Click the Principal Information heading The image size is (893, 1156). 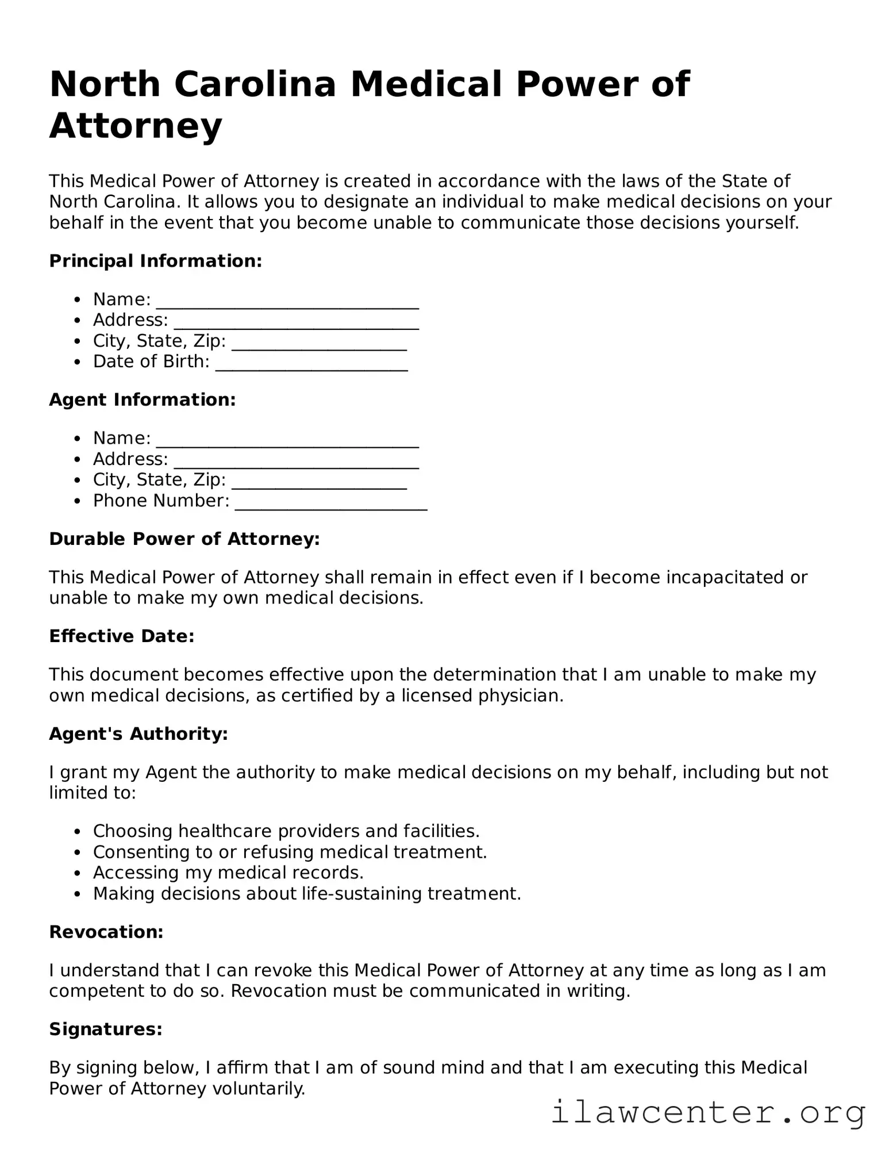[x=156, y=261]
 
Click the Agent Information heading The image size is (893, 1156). [x=143, y=400]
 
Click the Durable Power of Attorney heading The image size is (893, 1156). [x=184, y=539]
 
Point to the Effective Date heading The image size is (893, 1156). [x=122, y=636]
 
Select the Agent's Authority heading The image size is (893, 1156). [x=138, y=733]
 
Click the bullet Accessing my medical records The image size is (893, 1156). [x=228, y=873]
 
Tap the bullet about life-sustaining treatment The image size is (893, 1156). [x=307, y=893]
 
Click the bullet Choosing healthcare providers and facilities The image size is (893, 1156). [x=286, y=831]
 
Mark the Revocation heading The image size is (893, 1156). [x=106, y=932]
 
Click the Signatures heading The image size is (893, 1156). [x=106, y=1029]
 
